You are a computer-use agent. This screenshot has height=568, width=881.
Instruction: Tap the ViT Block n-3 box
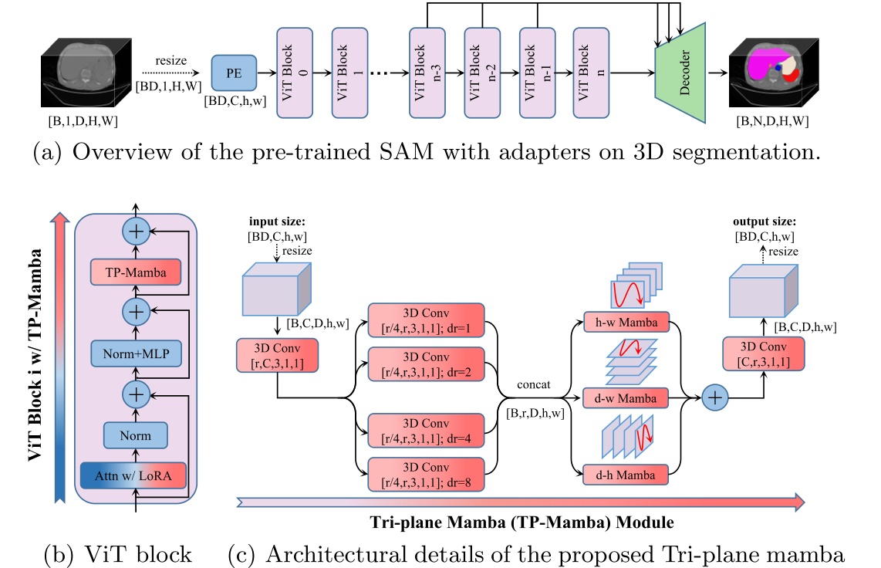[430, 73]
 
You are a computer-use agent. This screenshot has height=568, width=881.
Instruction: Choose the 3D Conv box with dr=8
[427, 473]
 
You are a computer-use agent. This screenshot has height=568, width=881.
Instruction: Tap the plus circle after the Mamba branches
[716, 397]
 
